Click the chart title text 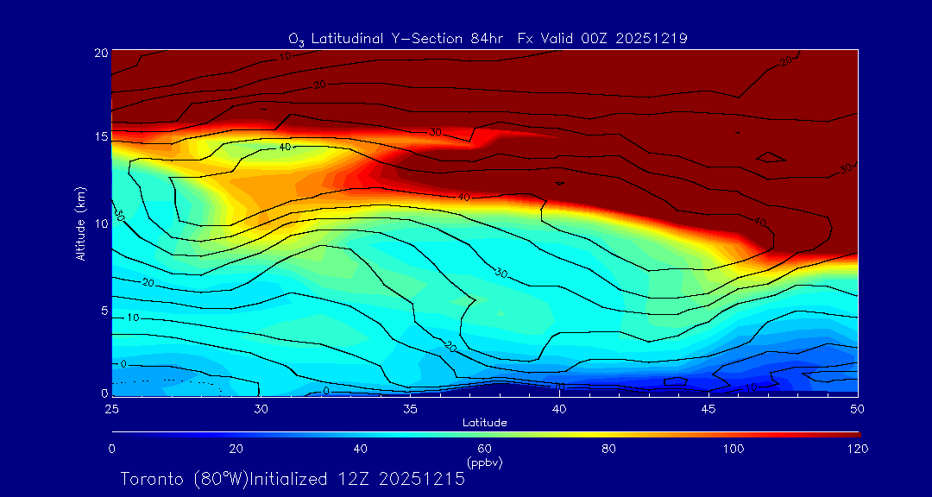pos(487,38)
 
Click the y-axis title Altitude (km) pos(80,223)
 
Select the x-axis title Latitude pos(484,422)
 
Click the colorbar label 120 pos(858,449)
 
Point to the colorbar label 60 pos(485,449)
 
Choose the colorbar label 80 pos(609,449)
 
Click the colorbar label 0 pos(111,449)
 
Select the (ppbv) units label pos(484,462)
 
